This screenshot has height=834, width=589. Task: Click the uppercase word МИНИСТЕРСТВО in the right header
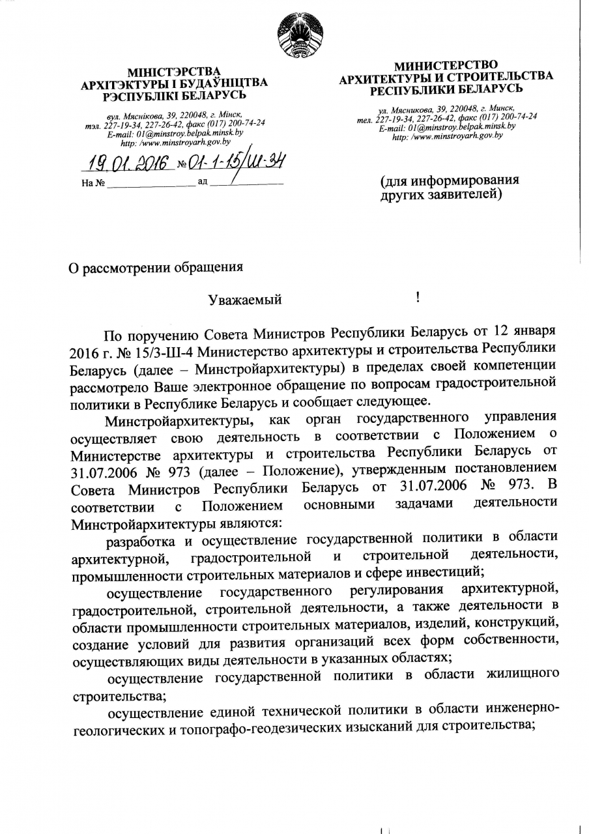pos(446,65)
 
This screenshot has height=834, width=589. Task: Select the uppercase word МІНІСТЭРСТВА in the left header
pos(174,72)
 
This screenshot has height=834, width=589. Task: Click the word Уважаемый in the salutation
pos(245,300)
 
